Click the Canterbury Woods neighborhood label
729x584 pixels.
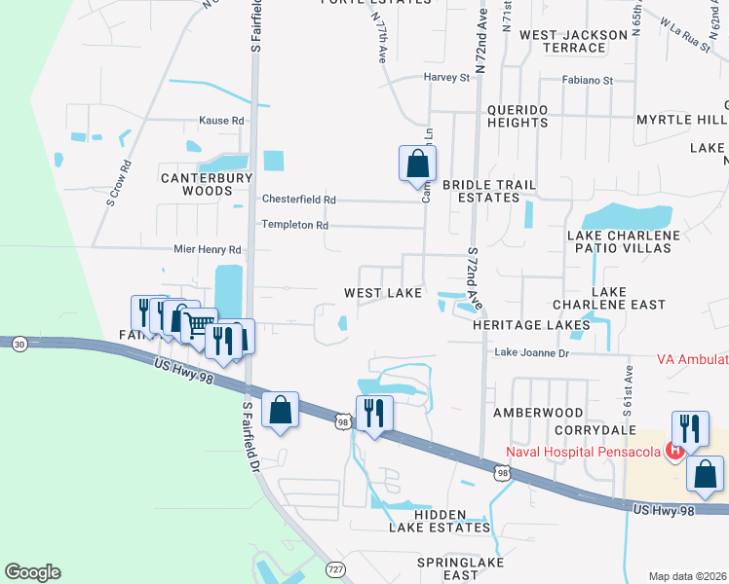pos(207,184)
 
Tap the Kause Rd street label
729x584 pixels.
pos(221,121)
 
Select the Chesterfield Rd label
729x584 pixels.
pos(298,200)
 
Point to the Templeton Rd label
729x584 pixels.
pos(294,225)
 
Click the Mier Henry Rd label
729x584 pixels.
pos(207,250)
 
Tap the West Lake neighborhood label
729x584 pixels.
pos(383,293)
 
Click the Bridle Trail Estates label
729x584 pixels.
pos(481,191)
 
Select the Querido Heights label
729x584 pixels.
pos(509,116)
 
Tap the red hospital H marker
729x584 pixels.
pos(672,450)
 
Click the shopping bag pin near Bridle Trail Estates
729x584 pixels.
pos(417,164)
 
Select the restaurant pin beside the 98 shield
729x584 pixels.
pos(374,414)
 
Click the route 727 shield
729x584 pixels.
pos(335,568)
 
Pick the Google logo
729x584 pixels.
pos(32,572)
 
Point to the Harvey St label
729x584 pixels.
pos(446,77)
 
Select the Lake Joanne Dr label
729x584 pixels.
pos(531,352)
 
